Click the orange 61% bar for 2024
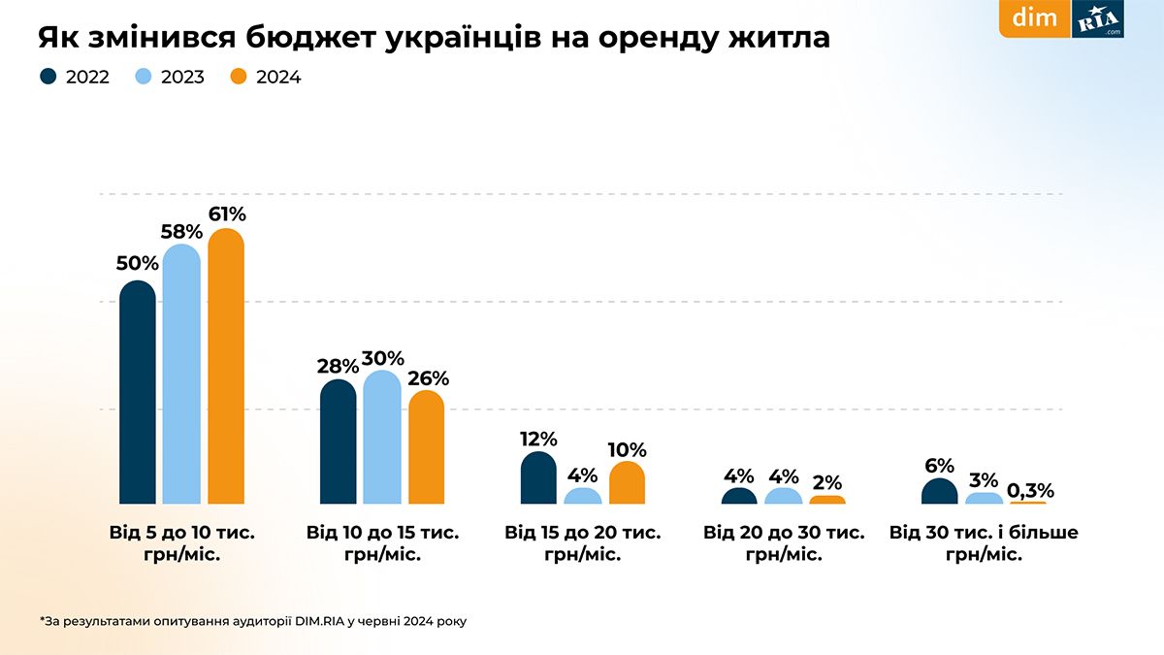click(226, 369)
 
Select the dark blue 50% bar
click(137, 393)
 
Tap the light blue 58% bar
click(181, 376)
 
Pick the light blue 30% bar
click(382, 439)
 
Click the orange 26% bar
click(427, 448)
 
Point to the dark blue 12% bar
click(538, 478)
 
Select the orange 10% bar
click(628, 483)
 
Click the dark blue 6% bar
click(939, 492)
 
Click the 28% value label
click(337, 367)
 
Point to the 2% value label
click(827, 482)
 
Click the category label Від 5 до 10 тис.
click(182, 533)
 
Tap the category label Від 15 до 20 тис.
click(582, 533)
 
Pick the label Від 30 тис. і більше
click(984, 533)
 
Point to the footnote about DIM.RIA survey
click(253, 620)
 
